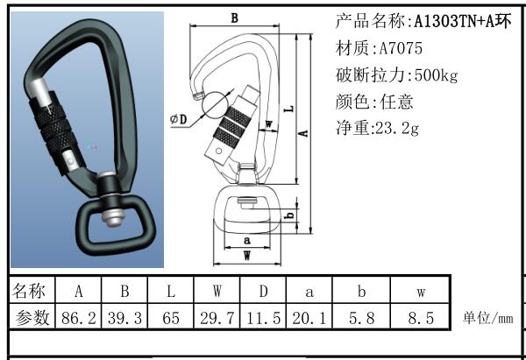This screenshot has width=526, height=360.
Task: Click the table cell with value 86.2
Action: point(78,318)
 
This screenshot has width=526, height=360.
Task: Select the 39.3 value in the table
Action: point(124,318)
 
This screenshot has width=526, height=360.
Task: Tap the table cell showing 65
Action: point(171,318)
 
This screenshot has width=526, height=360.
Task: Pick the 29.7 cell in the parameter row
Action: point(217,318)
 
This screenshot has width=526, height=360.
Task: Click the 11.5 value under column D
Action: point(263,318)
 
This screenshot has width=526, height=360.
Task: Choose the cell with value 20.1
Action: point(309,318)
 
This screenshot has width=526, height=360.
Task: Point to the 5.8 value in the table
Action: point(361,318)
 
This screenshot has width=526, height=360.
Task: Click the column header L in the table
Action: point(171,291)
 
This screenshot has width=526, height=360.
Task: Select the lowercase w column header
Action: point(421,291)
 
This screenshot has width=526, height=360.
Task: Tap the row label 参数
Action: point(32,318)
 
